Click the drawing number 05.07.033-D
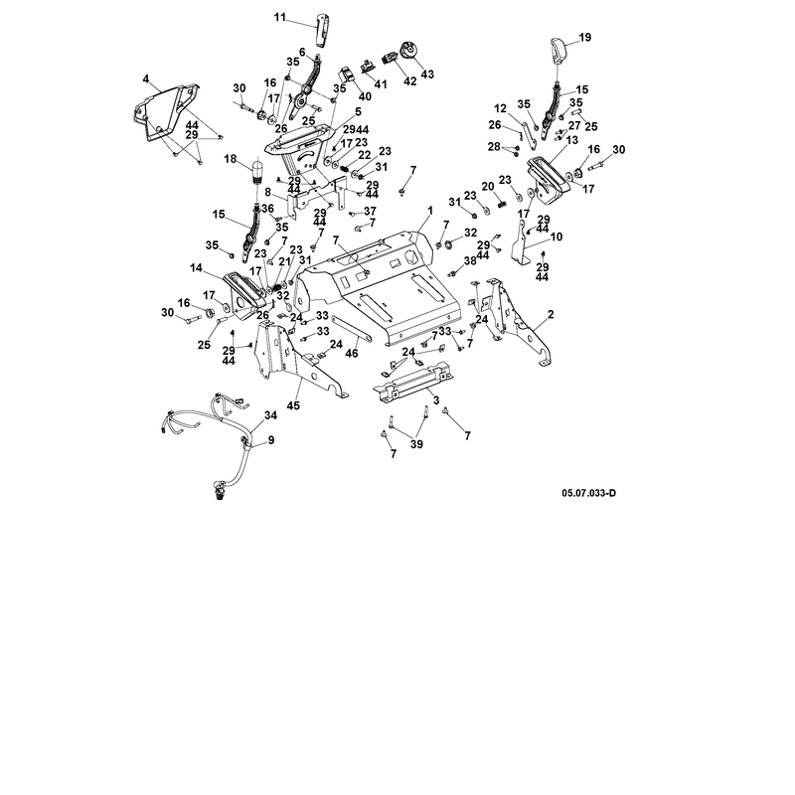(x=588, y=493)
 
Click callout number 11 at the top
(x=280, y=18)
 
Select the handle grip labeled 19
(x=558, y=51)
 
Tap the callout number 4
(x=146, y=79)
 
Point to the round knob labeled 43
(x=408, y=52)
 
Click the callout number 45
(x=293, y=405)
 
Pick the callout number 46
(x=352, y=353)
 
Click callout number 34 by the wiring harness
(x=270, y=415)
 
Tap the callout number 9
(x=271, y=440)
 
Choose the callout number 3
(x=436, y=401)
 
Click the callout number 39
(x=416, y=444)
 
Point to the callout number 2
(x=551, y=315)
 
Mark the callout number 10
(x=556, y=237)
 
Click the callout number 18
(x=231, y=159)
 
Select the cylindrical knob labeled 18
(x=257, y=171)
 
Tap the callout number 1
(x=430, y=210)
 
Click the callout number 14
(x=196, y=268)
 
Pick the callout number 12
(x=501, y=108)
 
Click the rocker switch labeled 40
(x=346, y=75)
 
